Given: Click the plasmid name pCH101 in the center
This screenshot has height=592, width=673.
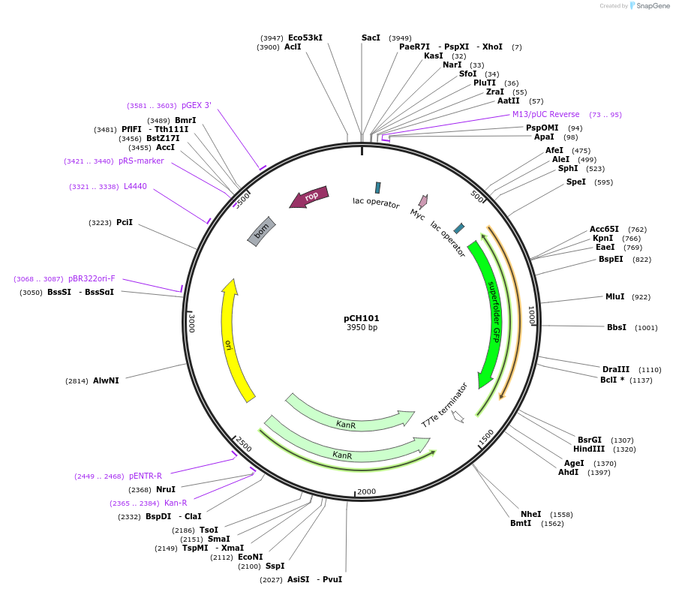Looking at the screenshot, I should [x=362, y=318].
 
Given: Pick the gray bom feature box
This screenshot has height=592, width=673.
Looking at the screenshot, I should [x=262, y=230].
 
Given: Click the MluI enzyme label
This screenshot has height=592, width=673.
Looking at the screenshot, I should [x=614, y=296].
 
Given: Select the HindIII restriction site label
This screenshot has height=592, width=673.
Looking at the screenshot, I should [x=589, y=449].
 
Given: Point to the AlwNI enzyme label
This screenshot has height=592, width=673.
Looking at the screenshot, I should [x=106, y=380].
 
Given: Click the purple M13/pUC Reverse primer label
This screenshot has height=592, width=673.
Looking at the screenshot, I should [x=545, y=114].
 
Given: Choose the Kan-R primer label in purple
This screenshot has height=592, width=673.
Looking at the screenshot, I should [x=176, y=503].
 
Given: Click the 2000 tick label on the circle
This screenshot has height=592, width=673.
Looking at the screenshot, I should [x=366, y=491].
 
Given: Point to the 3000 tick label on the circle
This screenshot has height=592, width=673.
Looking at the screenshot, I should [x=192, y=323].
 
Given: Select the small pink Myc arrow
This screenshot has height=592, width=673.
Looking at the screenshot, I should [x=423, y=201].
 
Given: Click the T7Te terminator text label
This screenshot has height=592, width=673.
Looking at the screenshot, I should [x=444, y=405].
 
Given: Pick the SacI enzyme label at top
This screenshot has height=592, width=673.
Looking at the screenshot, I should [x=371, y=38].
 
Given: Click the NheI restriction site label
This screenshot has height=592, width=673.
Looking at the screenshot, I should [x=530, y=514].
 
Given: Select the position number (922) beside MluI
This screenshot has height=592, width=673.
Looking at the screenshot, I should [x=641, y=297].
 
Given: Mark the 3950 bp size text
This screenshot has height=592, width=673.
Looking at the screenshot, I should [x=362, y=328].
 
